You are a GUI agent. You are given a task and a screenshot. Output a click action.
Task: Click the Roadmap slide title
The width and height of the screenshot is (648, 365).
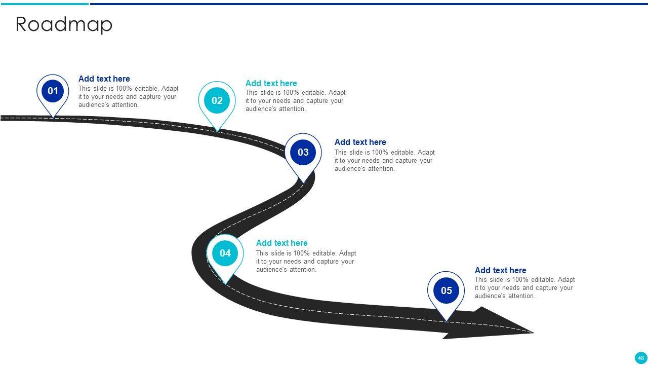pos(64,24)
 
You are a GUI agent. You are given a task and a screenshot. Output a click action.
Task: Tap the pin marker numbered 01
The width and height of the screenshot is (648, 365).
pos(53,92)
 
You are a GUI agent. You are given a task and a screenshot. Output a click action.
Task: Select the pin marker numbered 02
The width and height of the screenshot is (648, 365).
pos(217,101)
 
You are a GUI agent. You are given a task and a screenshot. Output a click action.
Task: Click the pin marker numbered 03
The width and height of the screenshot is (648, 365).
pos(303,153)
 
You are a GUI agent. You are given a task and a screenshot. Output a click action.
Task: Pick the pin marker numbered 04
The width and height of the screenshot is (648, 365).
pos(225,253)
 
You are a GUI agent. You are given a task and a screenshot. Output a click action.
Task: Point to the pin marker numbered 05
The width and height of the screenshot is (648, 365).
pos(446,291)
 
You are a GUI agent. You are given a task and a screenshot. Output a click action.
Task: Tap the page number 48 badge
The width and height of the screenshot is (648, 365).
pos(641,358)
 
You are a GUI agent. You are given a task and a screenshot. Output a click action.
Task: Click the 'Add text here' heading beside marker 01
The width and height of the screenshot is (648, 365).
pos(104,79)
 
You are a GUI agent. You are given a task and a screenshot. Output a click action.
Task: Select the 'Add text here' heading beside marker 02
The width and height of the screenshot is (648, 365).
pos(271,84)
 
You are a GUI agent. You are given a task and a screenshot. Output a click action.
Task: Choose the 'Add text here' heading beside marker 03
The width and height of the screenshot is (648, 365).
pos(360,142)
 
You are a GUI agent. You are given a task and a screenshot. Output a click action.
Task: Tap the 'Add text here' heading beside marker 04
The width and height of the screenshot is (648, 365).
pos(281,243)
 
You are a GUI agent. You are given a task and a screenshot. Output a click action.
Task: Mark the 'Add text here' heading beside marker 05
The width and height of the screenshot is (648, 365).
pos(500,271)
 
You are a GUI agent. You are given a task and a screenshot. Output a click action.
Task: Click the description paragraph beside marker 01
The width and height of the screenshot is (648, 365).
pos(128,97)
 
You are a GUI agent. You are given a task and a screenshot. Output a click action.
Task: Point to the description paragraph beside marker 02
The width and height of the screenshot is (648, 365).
pos(295,101)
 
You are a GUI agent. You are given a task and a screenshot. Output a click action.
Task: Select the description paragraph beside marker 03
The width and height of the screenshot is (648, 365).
pos(384,161)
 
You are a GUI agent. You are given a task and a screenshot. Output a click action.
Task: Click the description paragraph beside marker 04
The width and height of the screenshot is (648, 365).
pos(306,262)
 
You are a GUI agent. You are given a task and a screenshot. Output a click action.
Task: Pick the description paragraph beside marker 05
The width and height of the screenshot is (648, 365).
pos(524,288)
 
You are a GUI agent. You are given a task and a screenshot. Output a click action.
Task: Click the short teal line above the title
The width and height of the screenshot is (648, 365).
pos(45,4)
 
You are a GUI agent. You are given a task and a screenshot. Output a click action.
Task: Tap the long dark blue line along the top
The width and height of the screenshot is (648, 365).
pos(369,4)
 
